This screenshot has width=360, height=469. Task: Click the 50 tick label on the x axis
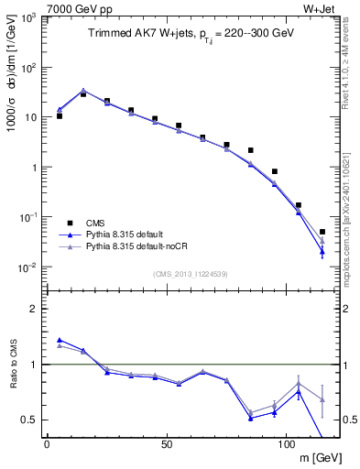[166, 442]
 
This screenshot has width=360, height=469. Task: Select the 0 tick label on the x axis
[47, 442]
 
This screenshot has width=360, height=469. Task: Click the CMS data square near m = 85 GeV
[250, 150]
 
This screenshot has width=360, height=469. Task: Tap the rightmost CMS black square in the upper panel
[322, 232]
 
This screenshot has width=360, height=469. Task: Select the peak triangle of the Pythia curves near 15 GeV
[83, 91]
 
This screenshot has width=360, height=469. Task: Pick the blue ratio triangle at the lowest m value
[60, 340]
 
